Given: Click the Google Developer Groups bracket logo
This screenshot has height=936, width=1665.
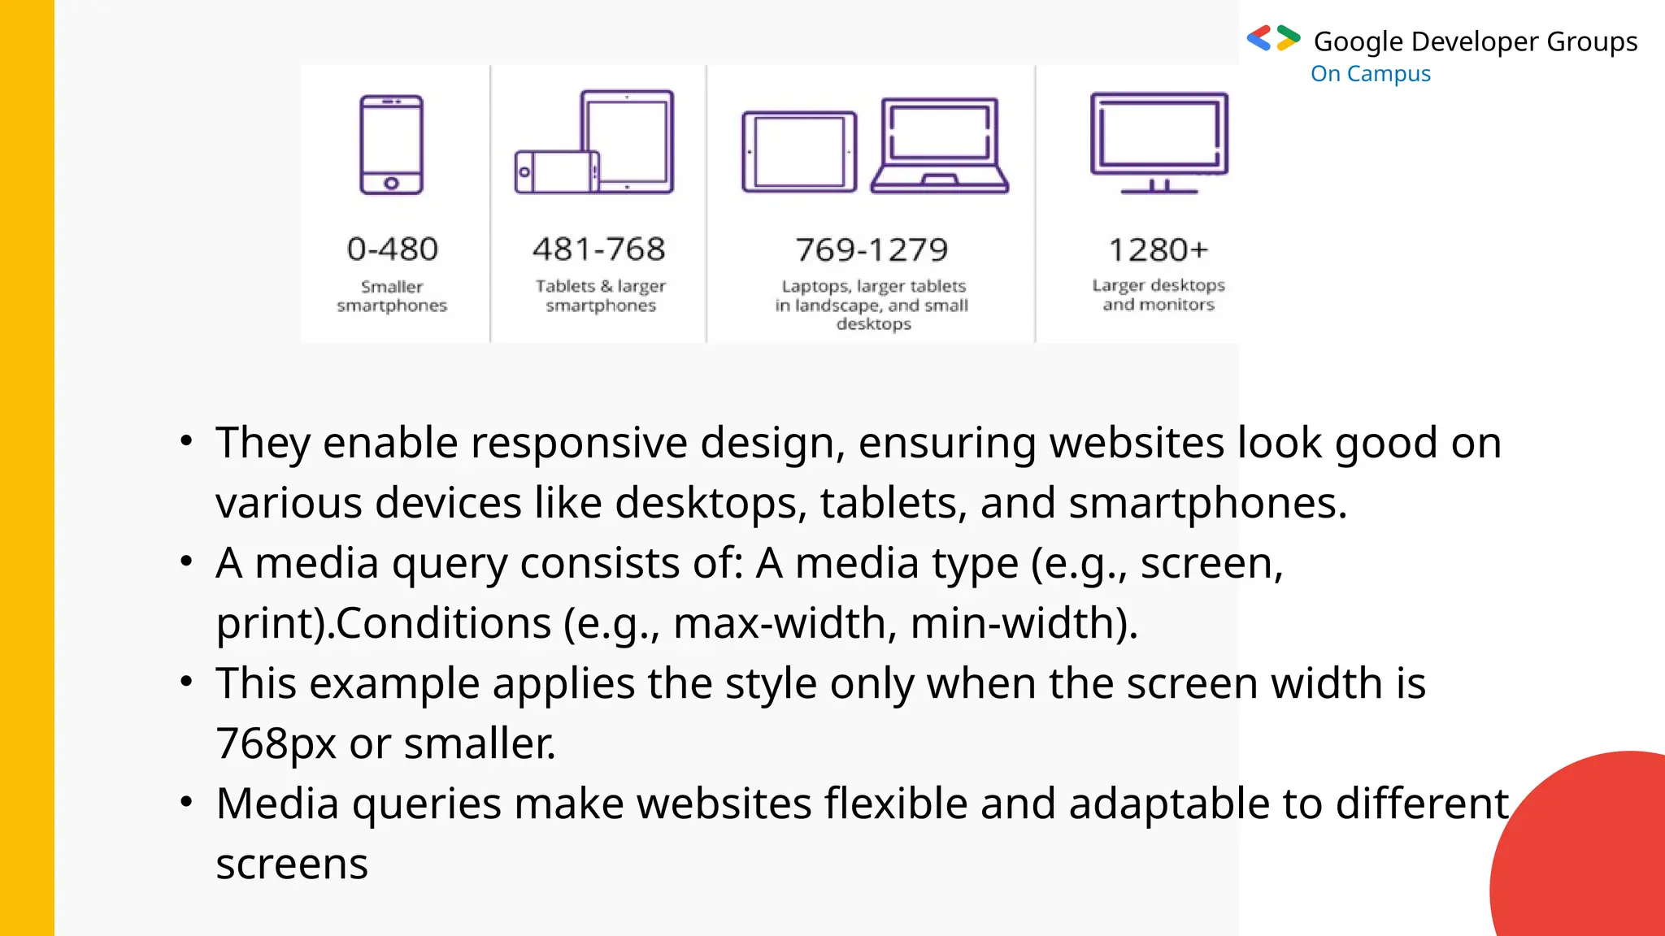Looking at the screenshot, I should click(1273, 38).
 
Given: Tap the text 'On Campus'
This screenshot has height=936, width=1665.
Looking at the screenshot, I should click(1370, 74).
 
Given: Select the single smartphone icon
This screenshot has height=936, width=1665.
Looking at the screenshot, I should click(391, 145).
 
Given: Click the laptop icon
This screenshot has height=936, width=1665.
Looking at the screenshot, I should click(940, 145).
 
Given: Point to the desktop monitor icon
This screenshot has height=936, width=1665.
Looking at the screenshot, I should click(1159, 142).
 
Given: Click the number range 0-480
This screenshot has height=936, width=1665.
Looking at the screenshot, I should click(392, 249).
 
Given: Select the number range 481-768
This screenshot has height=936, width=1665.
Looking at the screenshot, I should click(598, 249).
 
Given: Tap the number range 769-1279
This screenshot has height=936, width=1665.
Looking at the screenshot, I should click(872, 249).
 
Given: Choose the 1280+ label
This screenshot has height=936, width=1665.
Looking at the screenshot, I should click(1159, 249).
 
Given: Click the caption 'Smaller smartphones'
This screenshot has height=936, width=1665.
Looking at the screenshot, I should click(392, 296).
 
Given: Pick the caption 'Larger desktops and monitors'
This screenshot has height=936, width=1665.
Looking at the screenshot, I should click(1159, 295).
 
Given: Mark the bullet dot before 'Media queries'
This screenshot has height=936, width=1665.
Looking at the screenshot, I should click(187, 802).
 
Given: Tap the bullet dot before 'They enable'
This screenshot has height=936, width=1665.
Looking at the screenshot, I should click(187, 441).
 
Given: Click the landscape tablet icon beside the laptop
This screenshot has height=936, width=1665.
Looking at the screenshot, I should click(799, 152).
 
